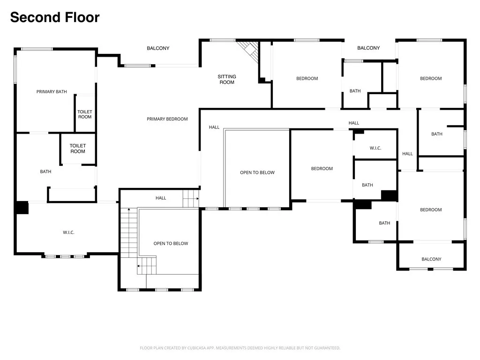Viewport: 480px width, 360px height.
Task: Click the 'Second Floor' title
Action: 55,17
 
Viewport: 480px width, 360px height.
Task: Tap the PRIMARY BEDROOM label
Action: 167,119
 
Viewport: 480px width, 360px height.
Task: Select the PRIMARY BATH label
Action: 52,91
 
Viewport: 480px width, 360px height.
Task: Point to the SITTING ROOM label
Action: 227,79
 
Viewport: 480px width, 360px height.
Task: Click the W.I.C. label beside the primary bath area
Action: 68,232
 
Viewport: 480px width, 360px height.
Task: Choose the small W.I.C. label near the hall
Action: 375,148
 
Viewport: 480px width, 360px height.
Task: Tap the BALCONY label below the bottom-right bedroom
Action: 431,259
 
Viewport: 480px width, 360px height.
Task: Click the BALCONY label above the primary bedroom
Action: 158,48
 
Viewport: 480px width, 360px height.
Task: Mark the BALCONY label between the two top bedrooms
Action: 368,48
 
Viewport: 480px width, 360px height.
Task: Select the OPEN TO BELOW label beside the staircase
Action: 171,243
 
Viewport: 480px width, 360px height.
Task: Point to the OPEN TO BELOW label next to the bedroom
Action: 257,172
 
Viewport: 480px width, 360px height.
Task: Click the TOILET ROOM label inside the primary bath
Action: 85,114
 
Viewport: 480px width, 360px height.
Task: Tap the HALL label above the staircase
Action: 161,198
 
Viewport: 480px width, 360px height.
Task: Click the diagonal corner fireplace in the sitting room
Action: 248,52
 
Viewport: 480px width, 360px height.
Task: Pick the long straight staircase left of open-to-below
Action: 129,232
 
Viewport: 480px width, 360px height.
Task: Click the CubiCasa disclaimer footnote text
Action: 240,348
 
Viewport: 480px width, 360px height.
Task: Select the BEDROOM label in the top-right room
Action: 431,78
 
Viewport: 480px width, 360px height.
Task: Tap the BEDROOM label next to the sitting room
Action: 307,78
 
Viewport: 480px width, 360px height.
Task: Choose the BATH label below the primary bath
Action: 45,172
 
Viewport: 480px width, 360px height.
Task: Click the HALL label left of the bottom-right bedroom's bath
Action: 407,154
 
